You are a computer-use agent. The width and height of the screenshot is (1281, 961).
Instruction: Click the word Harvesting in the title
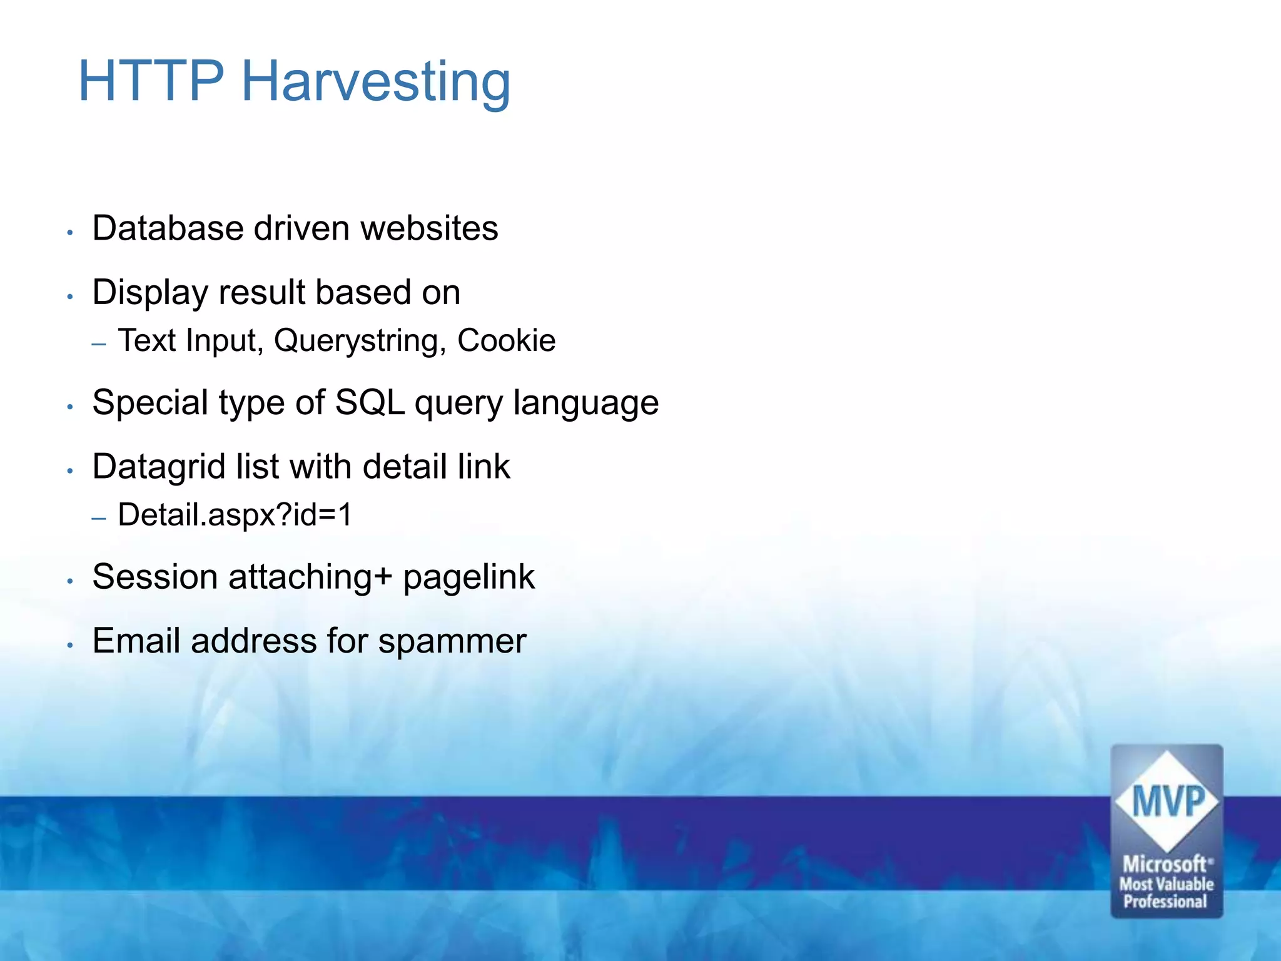click(x=376, y=81)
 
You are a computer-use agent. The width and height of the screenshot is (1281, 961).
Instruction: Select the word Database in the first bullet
click(x=167, y=228)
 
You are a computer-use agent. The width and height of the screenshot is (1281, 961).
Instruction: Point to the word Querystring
click(x=360, y=341)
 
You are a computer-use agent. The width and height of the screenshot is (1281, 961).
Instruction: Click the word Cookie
click(x=506, y=341)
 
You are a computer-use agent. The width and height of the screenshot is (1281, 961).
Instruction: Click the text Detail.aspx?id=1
click(x=235, y=515)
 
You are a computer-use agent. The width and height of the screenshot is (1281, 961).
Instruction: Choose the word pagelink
click(x=468, y=577)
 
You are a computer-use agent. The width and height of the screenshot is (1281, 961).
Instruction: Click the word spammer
click(x=452, y=642)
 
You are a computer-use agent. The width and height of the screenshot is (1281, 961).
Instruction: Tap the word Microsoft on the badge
click(x=1165, y=864)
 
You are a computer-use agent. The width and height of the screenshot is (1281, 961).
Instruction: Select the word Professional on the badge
click(x=1165, y=902)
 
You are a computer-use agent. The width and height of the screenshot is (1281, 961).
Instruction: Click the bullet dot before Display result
click(x=71, y=296)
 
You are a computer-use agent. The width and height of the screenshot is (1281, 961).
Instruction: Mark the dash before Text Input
click(x=99, y=343)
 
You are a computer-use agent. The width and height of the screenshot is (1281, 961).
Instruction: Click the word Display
click(x=149, y=293)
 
